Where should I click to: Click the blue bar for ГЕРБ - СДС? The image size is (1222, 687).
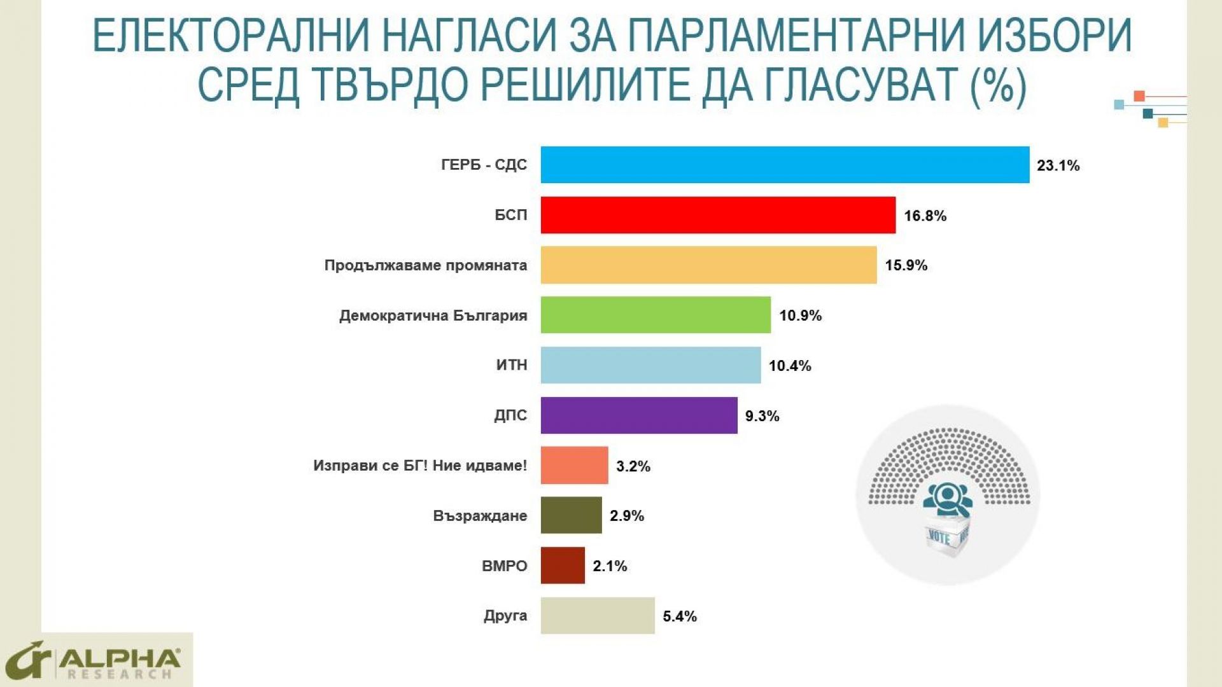pos(785,165)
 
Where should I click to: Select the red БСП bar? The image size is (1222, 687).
pos(718,215)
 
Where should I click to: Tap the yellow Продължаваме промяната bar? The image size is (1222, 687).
pos(708,265)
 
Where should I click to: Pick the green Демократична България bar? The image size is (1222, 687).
pos(656,315)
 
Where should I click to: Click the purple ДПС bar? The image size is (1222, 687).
pos(639,415)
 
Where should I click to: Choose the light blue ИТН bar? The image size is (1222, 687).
pos(650,365)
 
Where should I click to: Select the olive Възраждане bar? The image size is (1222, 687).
pos(571,515)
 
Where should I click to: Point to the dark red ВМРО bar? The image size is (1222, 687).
pos(563,566)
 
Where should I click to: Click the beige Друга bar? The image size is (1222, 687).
pos(598,616)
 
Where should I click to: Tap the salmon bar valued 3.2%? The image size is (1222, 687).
pos(574,466)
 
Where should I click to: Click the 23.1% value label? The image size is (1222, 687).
pos(1058,166)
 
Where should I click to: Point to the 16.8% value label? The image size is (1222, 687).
pos(925,216)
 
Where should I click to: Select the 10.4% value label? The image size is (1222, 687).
pos(790,366)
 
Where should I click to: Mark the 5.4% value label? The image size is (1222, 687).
pos(680,616)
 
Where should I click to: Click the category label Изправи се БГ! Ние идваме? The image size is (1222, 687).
pos(420,466)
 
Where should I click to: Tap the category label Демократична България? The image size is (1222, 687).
pos(433,316)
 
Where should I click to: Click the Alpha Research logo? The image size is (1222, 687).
pos(95,662)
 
